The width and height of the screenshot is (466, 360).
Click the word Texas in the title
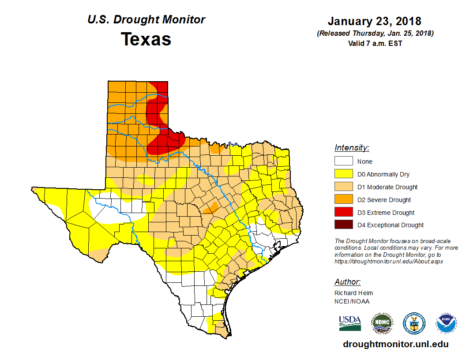coord(146,39)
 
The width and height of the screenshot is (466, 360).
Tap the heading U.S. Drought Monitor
coord(146,20)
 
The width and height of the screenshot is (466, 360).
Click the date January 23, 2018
coord(374,21)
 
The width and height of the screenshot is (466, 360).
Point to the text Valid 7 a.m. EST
coord(374,43)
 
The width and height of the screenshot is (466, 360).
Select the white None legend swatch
coord(343,161)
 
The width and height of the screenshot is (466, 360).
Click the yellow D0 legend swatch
coord(343,174)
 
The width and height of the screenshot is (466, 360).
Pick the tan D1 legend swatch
coord(343,187)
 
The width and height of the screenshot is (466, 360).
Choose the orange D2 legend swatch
coord(343,200)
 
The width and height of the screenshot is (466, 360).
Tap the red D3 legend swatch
coord(343,213)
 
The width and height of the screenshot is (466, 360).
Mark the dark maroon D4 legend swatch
coord(343,225)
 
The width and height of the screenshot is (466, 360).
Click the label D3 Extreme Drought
coord(386,213)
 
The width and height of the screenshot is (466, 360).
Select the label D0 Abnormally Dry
coord(383,174)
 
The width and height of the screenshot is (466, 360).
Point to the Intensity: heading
coord(352,148)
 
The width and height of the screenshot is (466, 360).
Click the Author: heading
coord(347,282)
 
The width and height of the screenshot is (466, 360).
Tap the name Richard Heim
coord(353,293)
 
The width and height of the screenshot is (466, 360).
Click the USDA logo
coord(350,323)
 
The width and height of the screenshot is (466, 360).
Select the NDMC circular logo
coord(382,323)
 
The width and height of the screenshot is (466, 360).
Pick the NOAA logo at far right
coord(447,323)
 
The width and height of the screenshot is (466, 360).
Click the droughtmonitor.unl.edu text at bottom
coord(395,345)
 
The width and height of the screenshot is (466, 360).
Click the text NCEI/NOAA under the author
coord(352,301)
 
